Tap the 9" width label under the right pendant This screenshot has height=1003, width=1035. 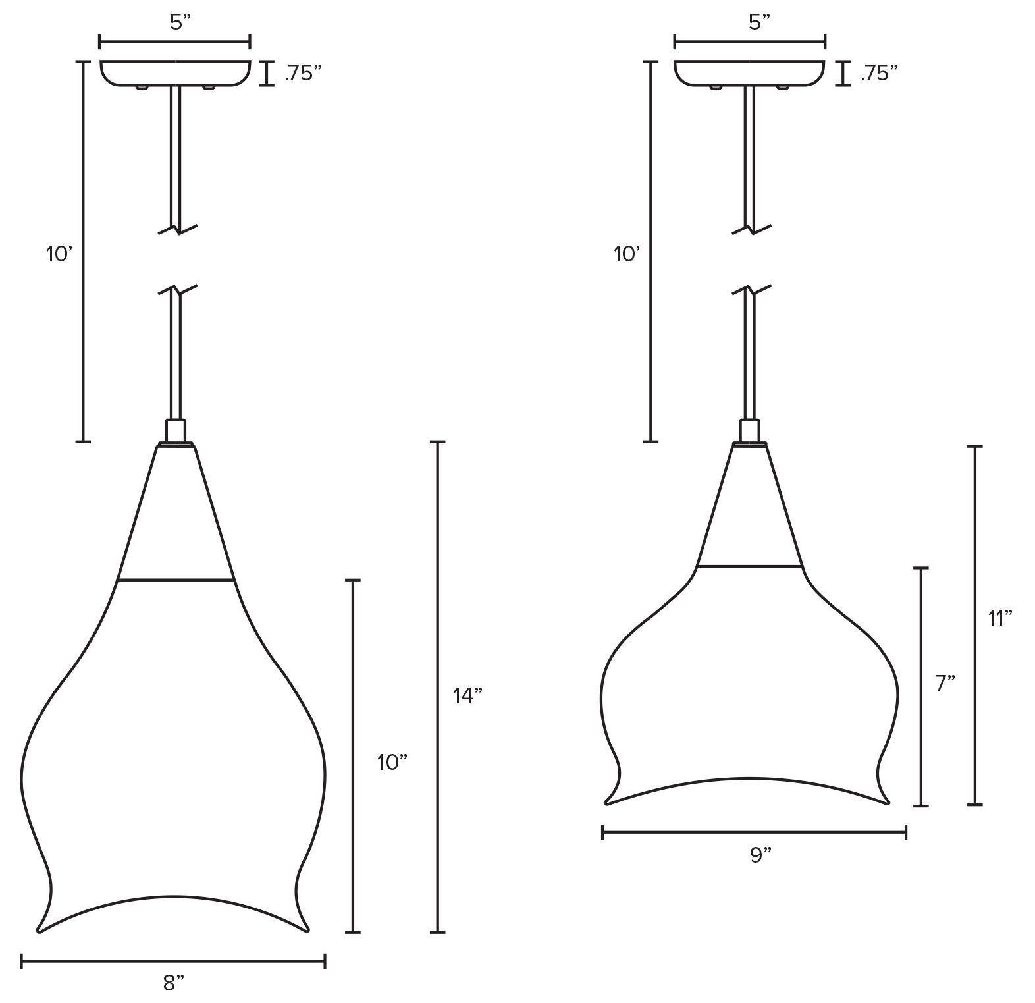click(x=760, y=855)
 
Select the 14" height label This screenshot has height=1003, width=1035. click(x=468, y=695)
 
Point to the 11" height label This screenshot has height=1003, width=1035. click(x=1000, y=618)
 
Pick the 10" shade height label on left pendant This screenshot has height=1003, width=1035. click(x=392, y=763)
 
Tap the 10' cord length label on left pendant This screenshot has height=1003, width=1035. click(x=58, y=254)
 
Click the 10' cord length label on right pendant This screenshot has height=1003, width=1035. click(x=627, y=254)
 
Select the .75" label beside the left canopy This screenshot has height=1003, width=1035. click(x=303, y=73)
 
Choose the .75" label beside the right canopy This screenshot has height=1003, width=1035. click(x=879, y=73)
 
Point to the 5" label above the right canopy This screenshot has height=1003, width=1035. click(x=759, y=22)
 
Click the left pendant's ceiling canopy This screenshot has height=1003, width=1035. click(x=175, y=72)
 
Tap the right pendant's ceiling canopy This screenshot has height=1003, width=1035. click(x=750, y=72)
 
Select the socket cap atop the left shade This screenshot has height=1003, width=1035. click(x=175, y=431)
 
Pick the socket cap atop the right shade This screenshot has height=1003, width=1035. click(x=750, y=431)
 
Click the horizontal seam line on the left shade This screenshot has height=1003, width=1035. click(x=176, y=580)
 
